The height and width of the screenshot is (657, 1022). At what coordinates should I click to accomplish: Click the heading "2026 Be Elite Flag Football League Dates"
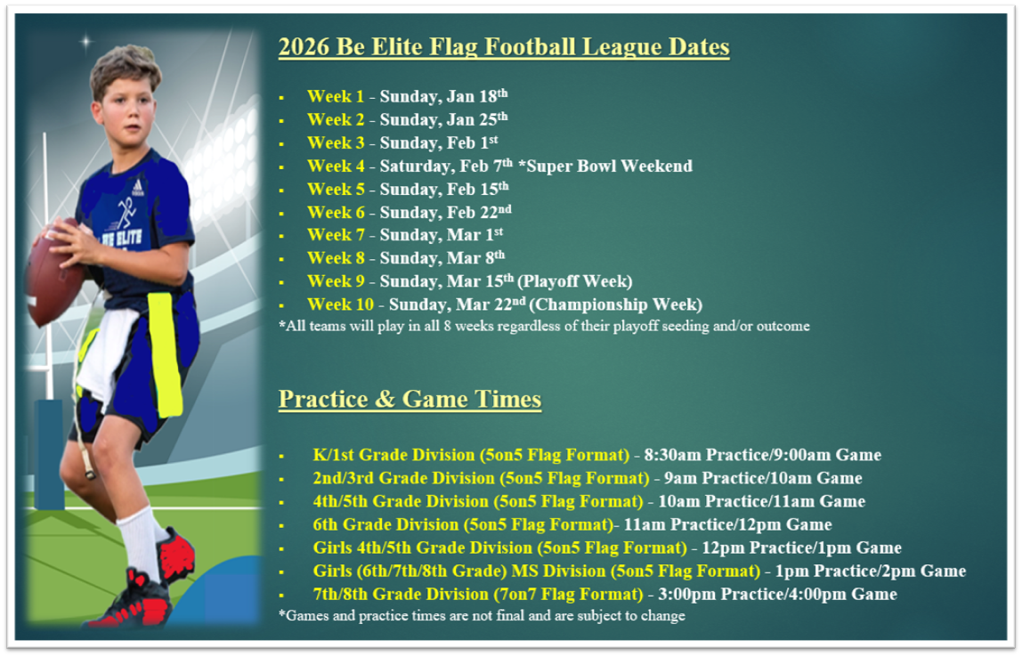[x=504, y=47]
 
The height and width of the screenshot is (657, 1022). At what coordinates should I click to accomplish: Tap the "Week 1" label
[x=336, y=96]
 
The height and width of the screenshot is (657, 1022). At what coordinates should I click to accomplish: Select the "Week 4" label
[x=336, y=166]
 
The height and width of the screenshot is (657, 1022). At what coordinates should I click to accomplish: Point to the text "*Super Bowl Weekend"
[x=605, y=166]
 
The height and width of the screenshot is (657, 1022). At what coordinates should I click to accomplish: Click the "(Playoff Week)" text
[x=575, y=281]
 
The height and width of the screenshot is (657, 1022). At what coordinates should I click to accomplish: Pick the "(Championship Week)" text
[x=616, y=304]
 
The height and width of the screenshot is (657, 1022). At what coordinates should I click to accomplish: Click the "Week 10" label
[x=341, y=304]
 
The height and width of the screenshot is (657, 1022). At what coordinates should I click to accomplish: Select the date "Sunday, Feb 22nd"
[x=446, y=213]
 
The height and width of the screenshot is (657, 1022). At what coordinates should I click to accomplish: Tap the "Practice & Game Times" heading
[x=410, y=399]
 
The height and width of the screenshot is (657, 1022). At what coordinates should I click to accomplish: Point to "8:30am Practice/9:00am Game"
[x=763, y=455]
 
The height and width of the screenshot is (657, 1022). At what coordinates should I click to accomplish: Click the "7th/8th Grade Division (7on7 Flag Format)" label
[x=478, y=595]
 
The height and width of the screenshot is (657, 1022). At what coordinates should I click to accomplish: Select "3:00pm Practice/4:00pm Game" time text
[x=777, y=595]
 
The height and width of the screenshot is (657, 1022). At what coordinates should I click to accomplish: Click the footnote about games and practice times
[x=482, y=616]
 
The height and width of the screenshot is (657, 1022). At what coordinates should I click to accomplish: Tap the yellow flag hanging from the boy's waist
[x=164, y=354]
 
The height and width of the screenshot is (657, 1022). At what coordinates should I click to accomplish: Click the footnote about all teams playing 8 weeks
[x=544, y=326]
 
